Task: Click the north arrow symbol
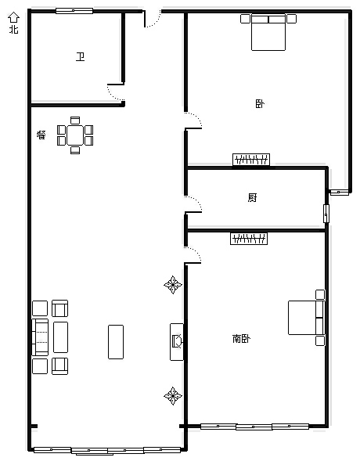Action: [x=13, y=17]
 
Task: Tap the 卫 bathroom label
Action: [x=81, y=56]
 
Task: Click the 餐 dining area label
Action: [x=41, y=135]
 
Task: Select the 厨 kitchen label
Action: [x=252, y=197]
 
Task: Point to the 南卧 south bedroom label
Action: [x=241, y=339]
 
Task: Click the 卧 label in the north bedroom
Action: [x=260, y=104]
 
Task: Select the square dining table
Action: [x=75, y=135]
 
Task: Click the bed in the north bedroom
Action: [x=268, y=32]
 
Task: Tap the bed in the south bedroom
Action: [x=307, y=318]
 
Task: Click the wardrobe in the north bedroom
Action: [x=251, y=160]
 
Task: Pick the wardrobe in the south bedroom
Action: [x=249, y=239]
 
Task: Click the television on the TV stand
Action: [x=178, y=341]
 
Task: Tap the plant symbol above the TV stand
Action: [x=173, y=285]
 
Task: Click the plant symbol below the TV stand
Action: [x=173, y=396]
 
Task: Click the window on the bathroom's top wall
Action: [x=74, y=11]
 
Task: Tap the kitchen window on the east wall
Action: [x=326, y=214]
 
